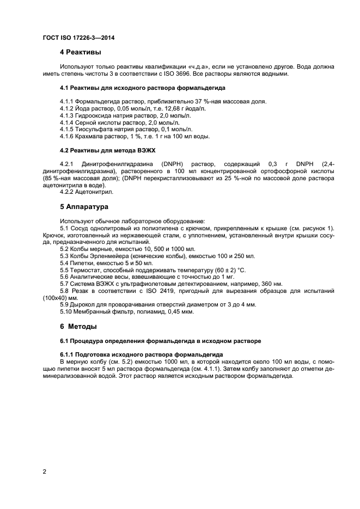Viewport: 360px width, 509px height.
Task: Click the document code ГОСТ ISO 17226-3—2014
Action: [78, 38]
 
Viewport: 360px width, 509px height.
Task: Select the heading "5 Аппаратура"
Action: [85, 207]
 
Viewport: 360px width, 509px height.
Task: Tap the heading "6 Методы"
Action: [78, 327]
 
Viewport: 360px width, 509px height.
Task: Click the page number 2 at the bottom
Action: [45, 472]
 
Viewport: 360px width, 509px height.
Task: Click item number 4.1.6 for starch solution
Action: [68, 136]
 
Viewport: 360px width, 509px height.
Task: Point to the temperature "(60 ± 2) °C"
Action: [228, 270]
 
